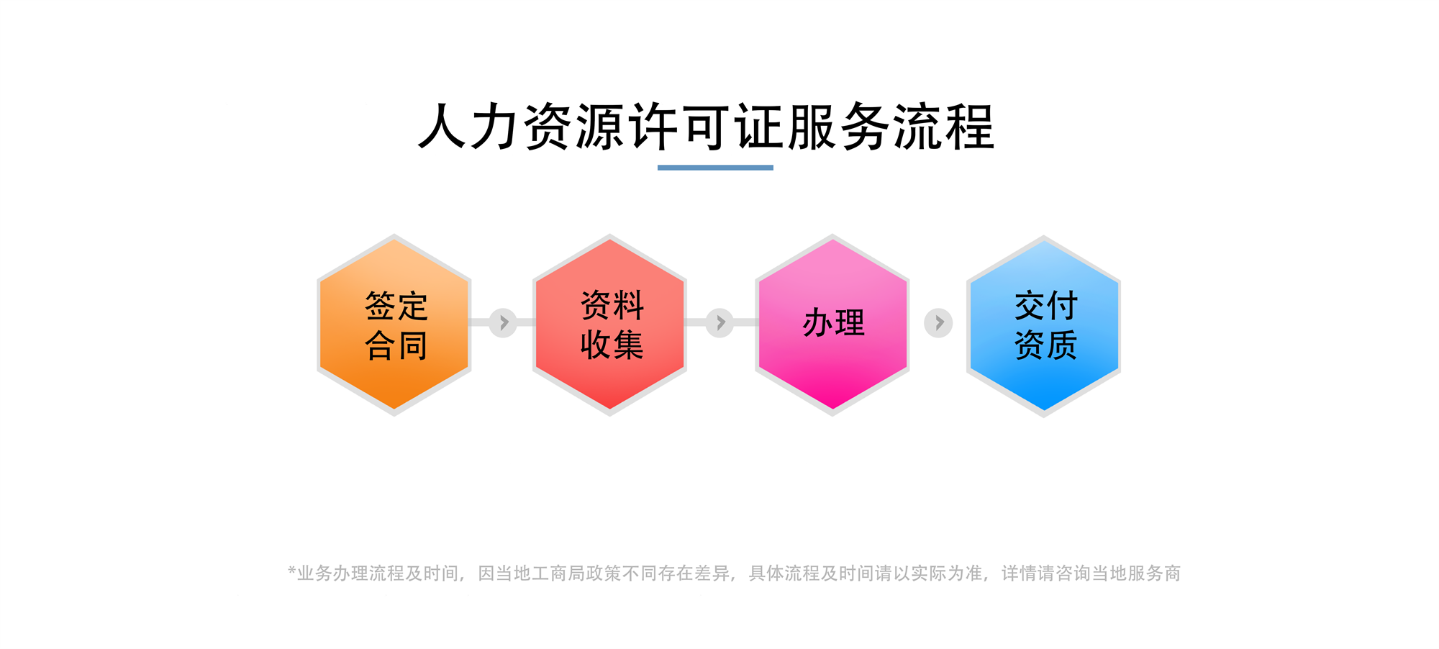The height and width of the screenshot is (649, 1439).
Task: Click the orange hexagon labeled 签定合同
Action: coord(394,324)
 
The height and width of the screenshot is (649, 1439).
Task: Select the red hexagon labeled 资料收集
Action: coord(609,324)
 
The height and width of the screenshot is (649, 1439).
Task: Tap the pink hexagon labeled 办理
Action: coord(832,324)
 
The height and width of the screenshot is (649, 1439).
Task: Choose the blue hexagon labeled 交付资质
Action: coord(1043,326)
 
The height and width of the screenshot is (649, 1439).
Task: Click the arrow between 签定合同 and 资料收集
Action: coord(503,323)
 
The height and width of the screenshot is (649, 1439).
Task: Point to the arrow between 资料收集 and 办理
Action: coord(719,323)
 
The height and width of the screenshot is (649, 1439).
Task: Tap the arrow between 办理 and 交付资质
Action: coord(938,323)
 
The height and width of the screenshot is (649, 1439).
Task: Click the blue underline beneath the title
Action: coord(715,168)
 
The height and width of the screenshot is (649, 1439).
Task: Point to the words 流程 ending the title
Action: coord(943,127)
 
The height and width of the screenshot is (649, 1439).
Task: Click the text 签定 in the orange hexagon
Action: coord(396,306)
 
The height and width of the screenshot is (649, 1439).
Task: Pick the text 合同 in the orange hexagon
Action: coord(396,345)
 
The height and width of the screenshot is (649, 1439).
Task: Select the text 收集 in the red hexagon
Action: coord(612,345)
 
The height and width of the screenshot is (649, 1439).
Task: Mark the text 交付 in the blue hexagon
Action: coord(1046,306)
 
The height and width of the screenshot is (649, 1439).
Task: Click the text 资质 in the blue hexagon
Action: coord(1046,345)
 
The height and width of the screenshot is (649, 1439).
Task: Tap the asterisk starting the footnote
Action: coord(292,571)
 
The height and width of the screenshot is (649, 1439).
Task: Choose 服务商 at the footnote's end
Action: coord(1154,573)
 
